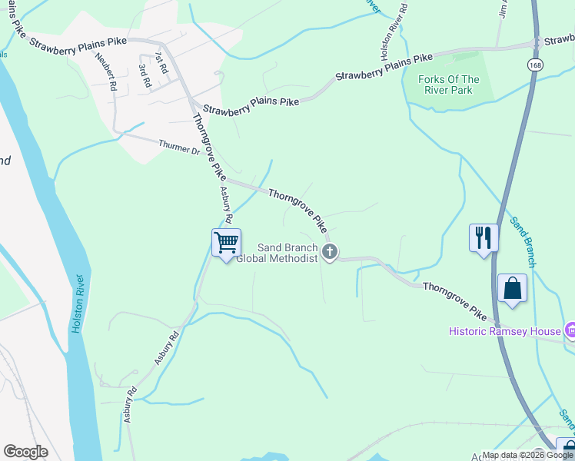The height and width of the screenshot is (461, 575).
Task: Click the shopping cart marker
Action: click(227, 243)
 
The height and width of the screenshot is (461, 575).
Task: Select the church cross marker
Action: click(331, 252)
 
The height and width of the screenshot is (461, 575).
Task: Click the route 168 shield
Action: click(533, 65)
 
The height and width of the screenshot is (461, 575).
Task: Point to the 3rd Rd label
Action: click(143, 75)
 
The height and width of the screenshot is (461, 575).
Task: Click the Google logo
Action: click(25, 452)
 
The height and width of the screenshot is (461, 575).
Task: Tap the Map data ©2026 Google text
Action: click(528, 455)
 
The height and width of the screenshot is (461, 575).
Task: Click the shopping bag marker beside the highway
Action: click(512, 290)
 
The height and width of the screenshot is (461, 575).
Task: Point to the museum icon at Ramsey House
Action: click(570, 331)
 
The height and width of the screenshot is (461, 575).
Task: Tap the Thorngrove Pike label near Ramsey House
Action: click(454, 300)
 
